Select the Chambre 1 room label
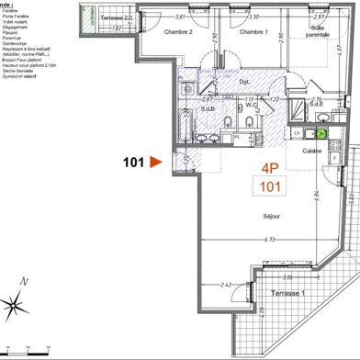pos(254,31)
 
